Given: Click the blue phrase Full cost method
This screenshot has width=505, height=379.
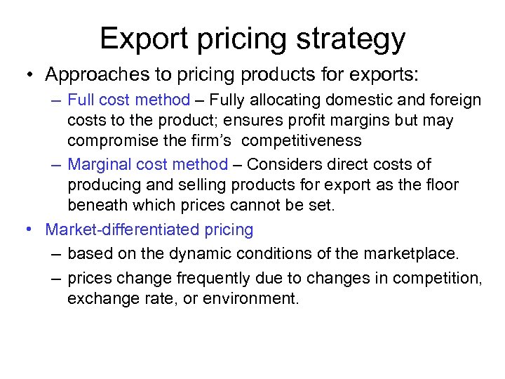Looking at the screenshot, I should pos(128,100).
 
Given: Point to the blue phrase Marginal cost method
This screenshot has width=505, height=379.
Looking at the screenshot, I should pos(147,165).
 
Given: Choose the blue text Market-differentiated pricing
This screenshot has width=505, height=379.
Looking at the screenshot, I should pos(149,230).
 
